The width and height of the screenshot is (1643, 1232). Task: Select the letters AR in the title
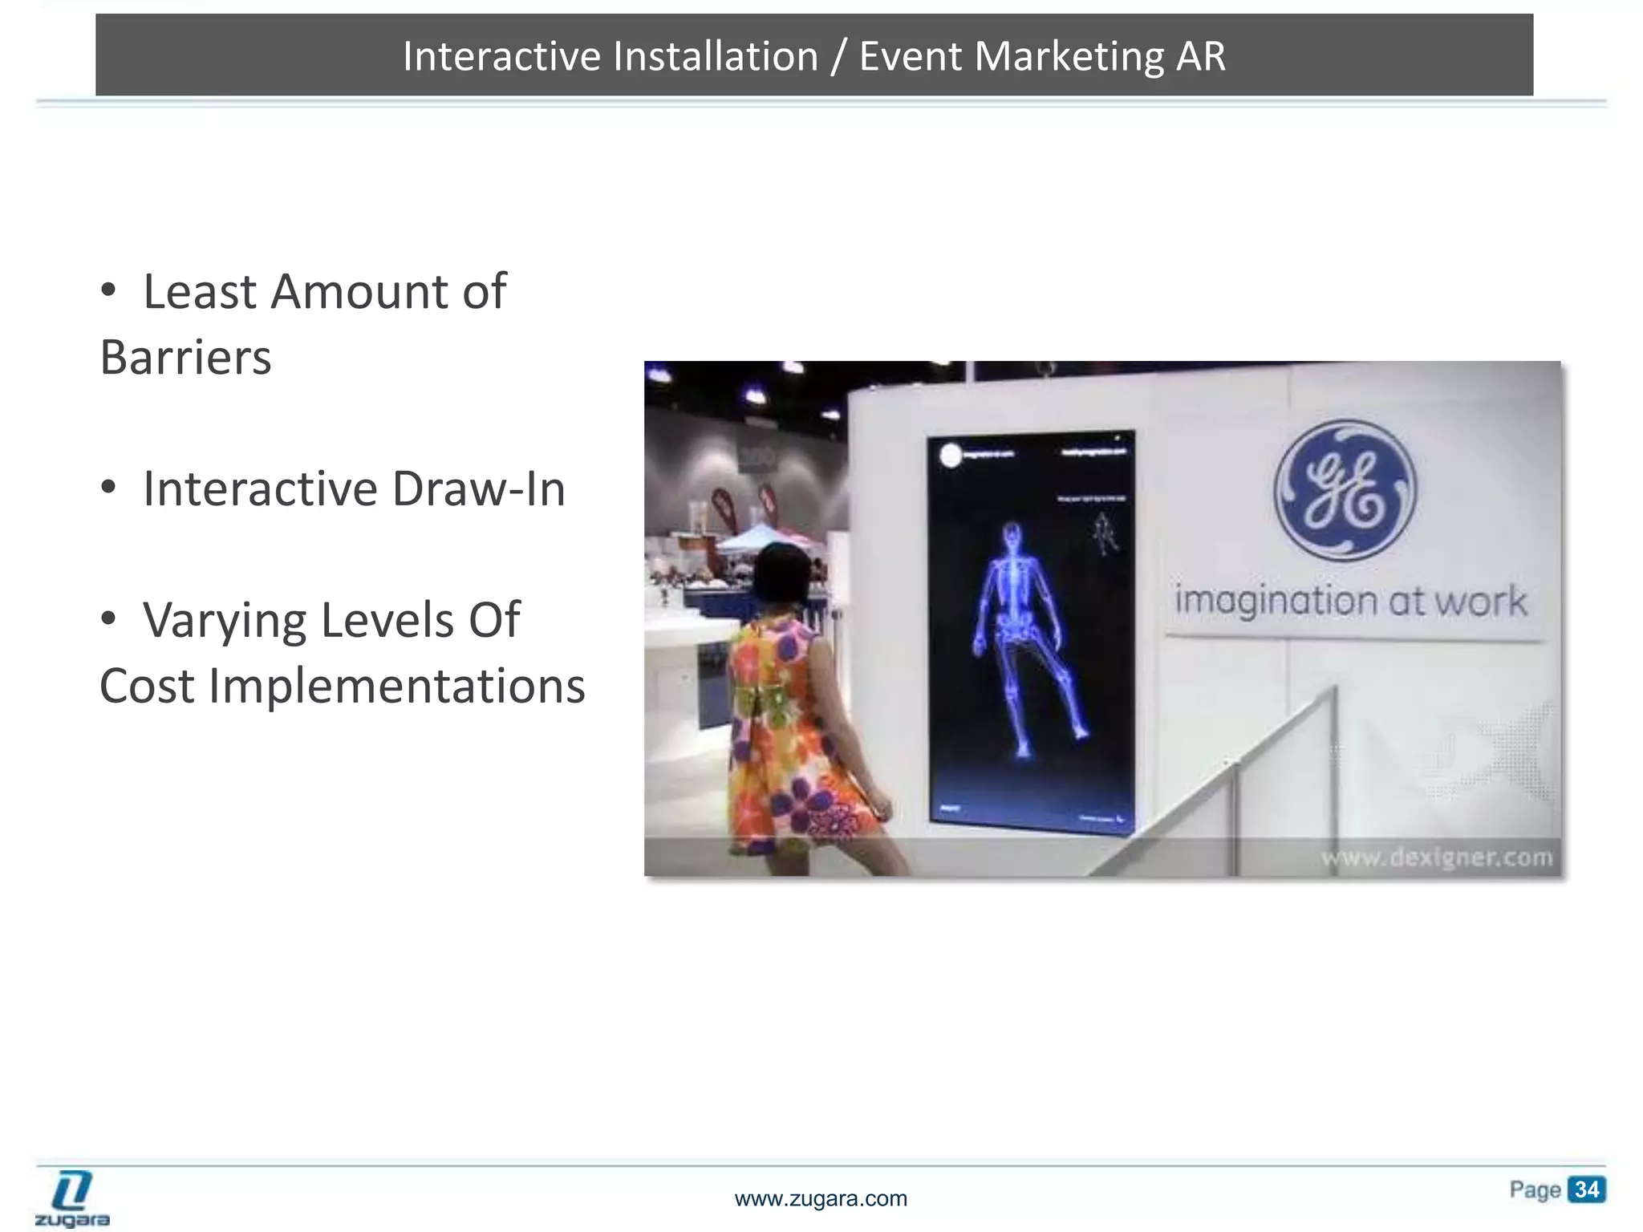1201,56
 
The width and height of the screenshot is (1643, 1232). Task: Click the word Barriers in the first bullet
186,357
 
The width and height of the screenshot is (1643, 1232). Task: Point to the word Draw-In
479,488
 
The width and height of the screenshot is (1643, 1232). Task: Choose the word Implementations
397,686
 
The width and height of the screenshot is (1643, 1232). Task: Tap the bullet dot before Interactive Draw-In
108,488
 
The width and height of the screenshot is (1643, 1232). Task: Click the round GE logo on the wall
1345,489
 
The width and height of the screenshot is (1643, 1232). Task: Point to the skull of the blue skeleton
1012,533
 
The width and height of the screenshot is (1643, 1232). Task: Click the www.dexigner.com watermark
1435,857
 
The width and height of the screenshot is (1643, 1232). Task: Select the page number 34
1586,1189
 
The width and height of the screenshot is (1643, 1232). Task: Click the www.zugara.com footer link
821,1199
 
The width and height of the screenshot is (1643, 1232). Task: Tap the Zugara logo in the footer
72,1199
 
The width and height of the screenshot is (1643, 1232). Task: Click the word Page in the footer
1535,1189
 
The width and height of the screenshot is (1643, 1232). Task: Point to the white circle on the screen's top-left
950,456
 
